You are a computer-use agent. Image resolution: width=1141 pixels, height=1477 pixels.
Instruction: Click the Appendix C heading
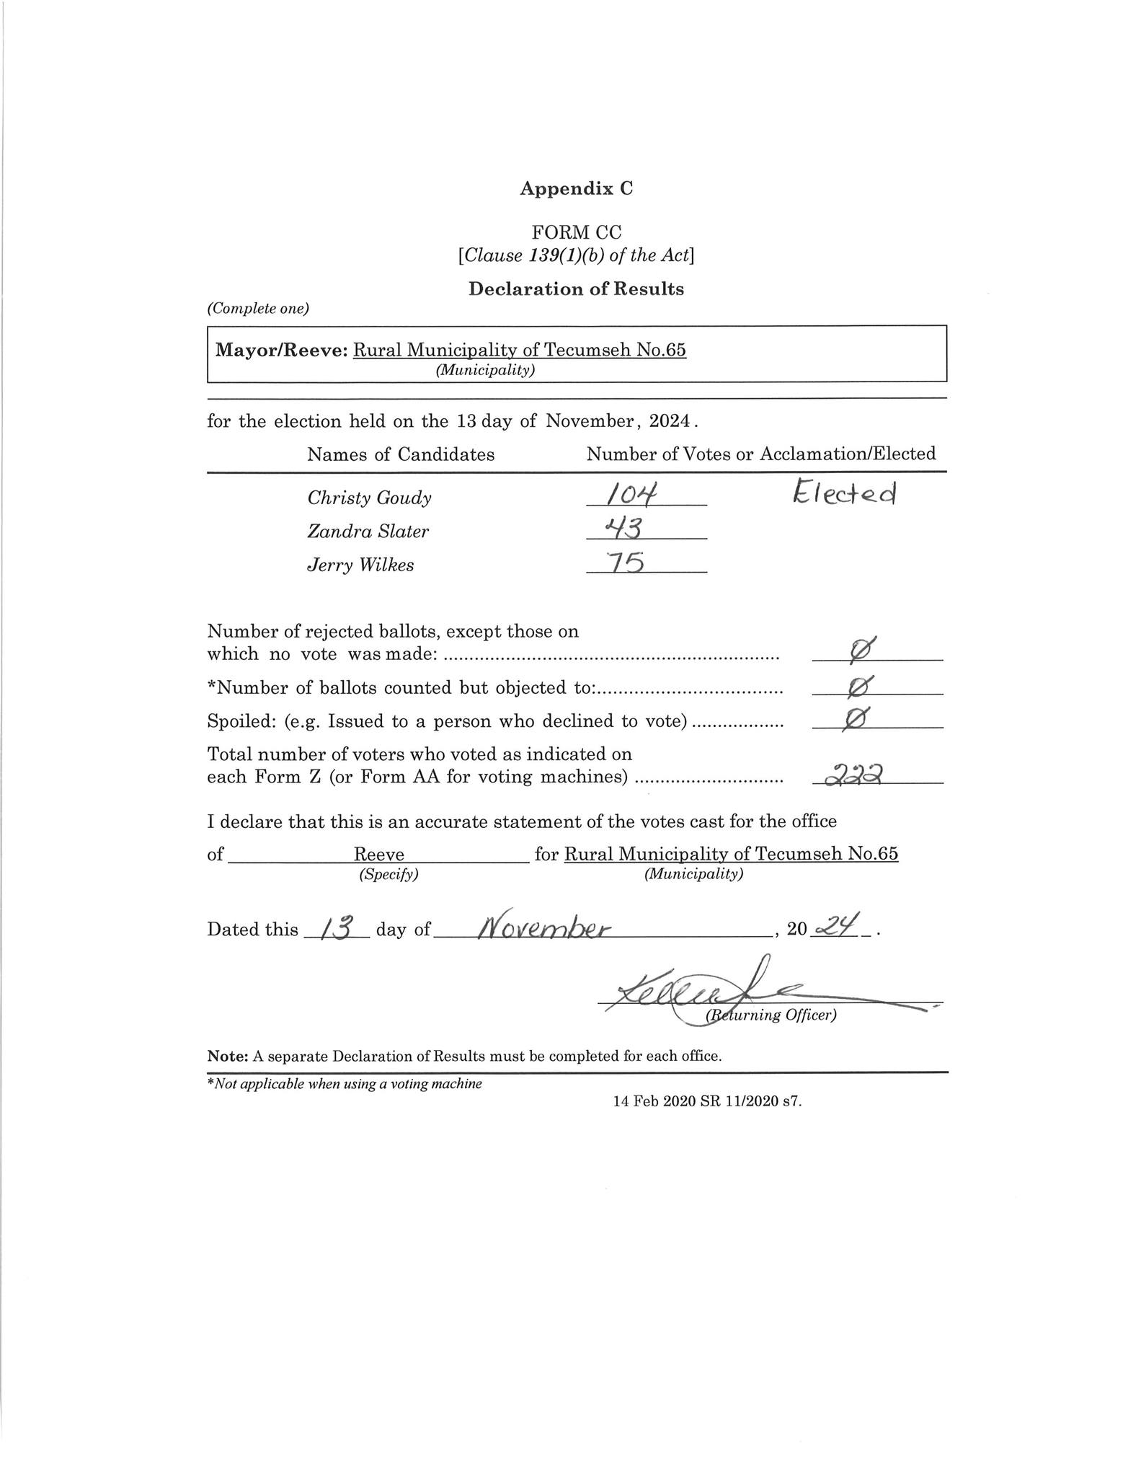tap(576, 188)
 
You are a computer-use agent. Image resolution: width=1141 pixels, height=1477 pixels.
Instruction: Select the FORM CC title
tap(576, 232)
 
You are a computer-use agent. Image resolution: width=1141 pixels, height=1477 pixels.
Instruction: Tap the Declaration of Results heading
tap(576, 289)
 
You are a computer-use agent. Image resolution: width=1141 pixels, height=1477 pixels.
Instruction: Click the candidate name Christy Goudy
tap(369, 498)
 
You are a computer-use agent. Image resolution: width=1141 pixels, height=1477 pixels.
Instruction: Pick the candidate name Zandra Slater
tap(368, 532)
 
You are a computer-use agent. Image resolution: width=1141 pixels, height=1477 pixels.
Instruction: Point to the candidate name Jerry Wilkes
tap(360, 565)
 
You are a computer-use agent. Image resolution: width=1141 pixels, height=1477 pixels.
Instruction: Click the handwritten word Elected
tap(845, 493)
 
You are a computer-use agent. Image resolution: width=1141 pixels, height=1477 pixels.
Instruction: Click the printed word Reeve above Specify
tap(378, 855)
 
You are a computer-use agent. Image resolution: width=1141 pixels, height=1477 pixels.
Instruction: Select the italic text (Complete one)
tap(258, 309)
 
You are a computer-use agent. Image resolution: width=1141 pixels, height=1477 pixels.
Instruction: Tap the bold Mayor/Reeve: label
tap(282, 350)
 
